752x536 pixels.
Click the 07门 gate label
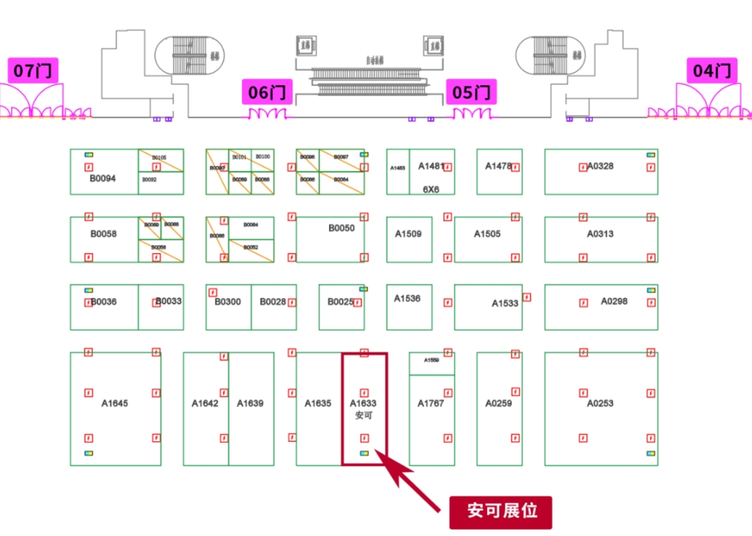pos(33,71)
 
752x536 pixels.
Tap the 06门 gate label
pos(266,92)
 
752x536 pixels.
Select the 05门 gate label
pos(472,92)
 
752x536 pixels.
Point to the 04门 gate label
pos(711,71)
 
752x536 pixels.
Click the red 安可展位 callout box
pos(501,511)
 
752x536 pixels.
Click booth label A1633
pos(363,403)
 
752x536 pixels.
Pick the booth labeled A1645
pos(115,403)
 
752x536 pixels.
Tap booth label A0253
pos(599,403)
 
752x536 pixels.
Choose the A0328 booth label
pos(599,166)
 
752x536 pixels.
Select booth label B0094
pos(103,179)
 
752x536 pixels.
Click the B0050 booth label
pos(342,228)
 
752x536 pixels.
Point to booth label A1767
pos(431,403)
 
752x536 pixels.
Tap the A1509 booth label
pos(408,234)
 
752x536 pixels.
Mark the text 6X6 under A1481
pos(430,190)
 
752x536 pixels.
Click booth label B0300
pos(228,302)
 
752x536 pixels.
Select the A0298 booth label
pos(614,301)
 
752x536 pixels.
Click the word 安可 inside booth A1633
pos(363,414)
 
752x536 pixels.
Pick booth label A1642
pos(205,403)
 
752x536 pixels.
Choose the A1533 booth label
pos(504,304)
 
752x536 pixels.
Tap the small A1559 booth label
pos(431,360)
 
